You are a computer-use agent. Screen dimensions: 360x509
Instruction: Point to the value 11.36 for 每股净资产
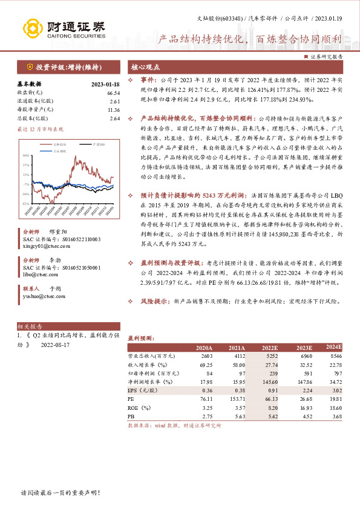coord(113,110)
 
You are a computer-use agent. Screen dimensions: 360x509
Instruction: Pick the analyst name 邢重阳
coord(57,232)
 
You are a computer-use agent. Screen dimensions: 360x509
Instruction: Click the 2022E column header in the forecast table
coord(269,348)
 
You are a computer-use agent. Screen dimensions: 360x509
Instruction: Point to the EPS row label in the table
coord(137,391)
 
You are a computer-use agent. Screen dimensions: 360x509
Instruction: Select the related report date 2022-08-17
coord(55,345)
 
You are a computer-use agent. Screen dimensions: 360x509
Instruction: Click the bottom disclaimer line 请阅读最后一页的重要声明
coord(60,493)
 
